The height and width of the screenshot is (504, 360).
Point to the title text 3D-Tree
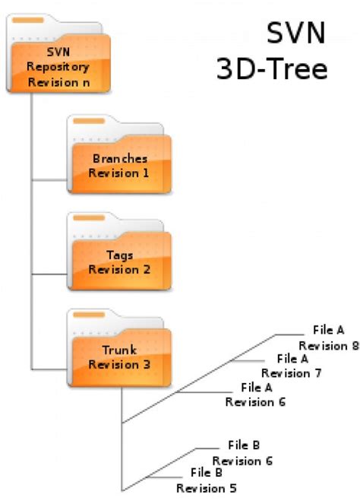tap(272, 69)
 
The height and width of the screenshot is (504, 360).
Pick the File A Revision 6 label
tap(256, 395)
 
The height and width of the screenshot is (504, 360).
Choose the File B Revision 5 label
tap(207, 480)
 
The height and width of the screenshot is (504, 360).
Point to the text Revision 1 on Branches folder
tap(119, 173)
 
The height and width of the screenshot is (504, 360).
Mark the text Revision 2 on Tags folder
tap(119, 269)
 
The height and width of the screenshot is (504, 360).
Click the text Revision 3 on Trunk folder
tap(119, 365)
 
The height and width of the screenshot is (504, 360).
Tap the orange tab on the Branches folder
tap(90, 122)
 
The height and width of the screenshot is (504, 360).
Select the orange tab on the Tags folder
tap(90, 218)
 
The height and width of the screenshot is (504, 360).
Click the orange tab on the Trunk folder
tap(90, 315)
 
